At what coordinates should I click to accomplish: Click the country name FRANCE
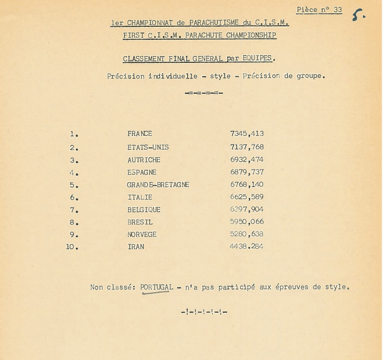coord(140,134)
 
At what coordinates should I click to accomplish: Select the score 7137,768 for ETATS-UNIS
coord(247,147)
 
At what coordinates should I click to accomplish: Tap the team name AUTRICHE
coord(144,160)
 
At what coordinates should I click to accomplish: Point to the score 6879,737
coord(247,173)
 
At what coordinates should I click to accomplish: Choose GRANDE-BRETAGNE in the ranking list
coord(158,185)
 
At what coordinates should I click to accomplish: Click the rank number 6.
coord(74,198)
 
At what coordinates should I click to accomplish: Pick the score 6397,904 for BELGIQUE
coord(247,210)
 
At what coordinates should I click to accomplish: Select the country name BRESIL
coord(140,222)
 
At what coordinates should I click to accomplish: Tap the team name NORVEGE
coord(142,234)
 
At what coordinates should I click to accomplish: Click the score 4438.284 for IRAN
coord(247,247)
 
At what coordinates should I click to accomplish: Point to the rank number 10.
coord(72,247)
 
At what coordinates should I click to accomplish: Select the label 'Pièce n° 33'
coord(319,10)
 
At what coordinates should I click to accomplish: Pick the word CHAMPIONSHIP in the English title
coord(251,36)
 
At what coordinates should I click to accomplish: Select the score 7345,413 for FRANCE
coord(247,134)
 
